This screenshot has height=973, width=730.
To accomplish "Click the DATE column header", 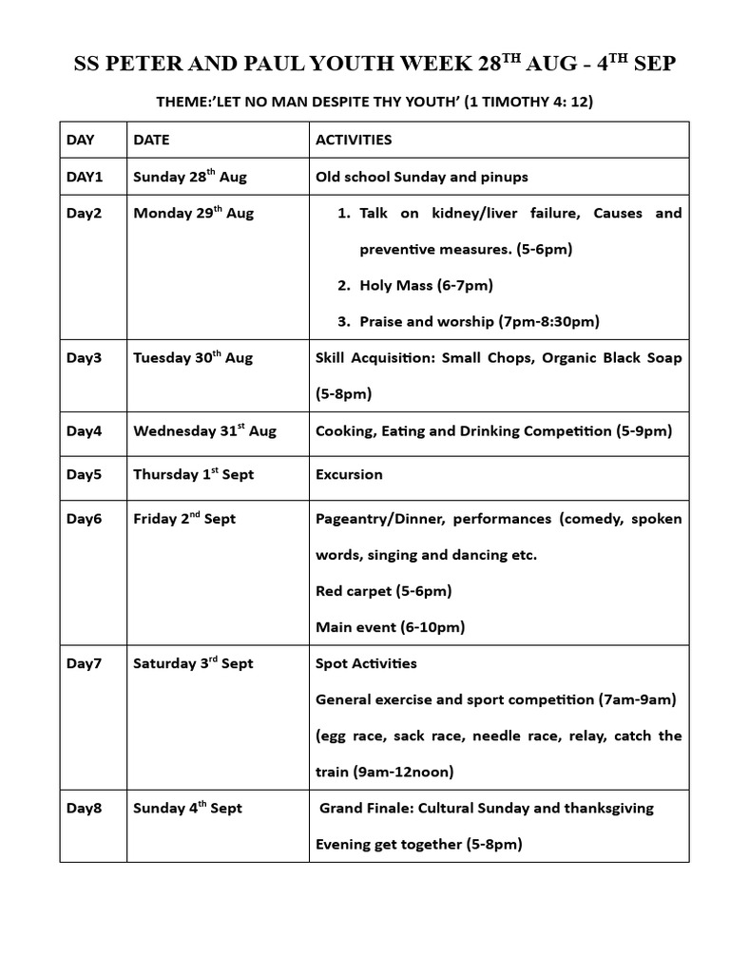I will click(x=151, y=140).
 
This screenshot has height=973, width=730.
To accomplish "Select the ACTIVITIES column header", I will click(x=354, y=140).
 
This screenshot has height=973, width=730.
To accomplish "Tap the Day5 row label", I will click(x=84, y=474).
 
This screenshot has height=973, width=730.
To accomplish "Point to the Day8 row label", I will click(x=84, y=808).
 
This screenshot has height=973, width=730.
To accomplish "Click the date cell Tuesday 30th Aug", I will click(x=193, y=358).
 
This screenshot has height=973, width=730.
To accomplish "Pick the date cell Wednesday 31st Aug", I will click(x=204, y=430).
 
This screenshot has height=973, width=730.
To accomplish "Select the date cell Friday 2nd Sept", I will click(x=184, y=519).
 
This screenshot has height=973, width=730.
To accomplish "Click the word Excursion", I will click(x=349, y=474).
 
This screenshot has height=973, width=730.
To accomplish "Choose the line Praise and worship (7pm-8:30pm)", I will click(x=479, y=321).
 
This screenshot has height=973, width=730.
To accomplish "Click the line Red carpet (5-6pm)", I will click(x=383, y=591).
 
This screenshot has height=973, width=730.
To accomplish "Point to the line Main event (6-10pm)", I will click(x=390, y=627).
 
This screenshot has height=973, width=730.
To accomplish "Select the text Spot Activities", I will click(x=366, y=663).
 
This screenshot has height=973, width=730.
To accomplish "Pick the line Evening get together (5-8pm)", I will click(x=419, y=844).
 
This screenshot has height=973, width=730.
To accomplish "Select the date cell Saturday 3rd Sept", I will click(x=193, y=663).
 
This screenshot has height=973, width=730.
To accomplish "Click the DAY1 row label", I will click(x=84, y=177).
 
